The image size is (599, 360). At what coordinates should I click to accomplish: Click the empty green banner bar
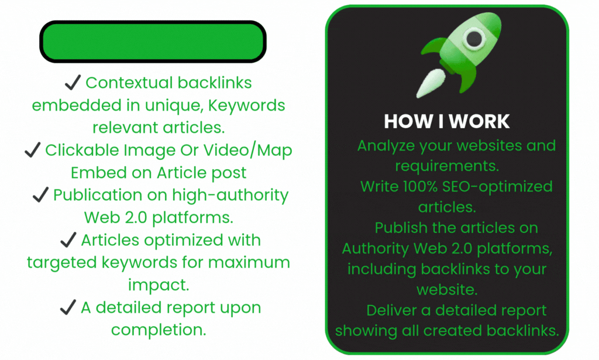click(x=153, y=42)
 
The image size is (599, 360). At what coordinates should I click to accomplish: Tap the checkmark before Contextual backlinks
click(x=73, y=83)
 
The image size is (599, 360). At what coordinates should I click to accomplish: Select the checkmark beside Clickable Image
click(x=32, y=151)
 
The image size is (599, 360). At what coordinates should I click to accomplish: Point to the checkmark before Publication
click(x=40, y=196)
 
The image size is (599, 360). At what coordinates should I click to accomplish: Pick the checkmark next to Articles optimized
click(x=68, y=241)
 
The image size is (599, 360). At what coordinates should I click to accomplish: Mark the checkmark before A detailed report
click(x=68, y=308)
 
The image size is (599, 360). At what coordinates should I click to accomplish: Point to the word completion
click(x=159, y=330)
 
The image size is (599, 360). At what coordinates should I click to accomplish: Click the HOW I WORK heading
click(x=447, y=121)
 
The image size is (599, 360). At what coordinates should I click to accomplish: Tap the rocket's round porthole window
click(x=473, y=38)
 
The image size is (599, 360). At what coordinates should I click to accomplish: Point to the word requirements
click(x=447, y=166)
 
